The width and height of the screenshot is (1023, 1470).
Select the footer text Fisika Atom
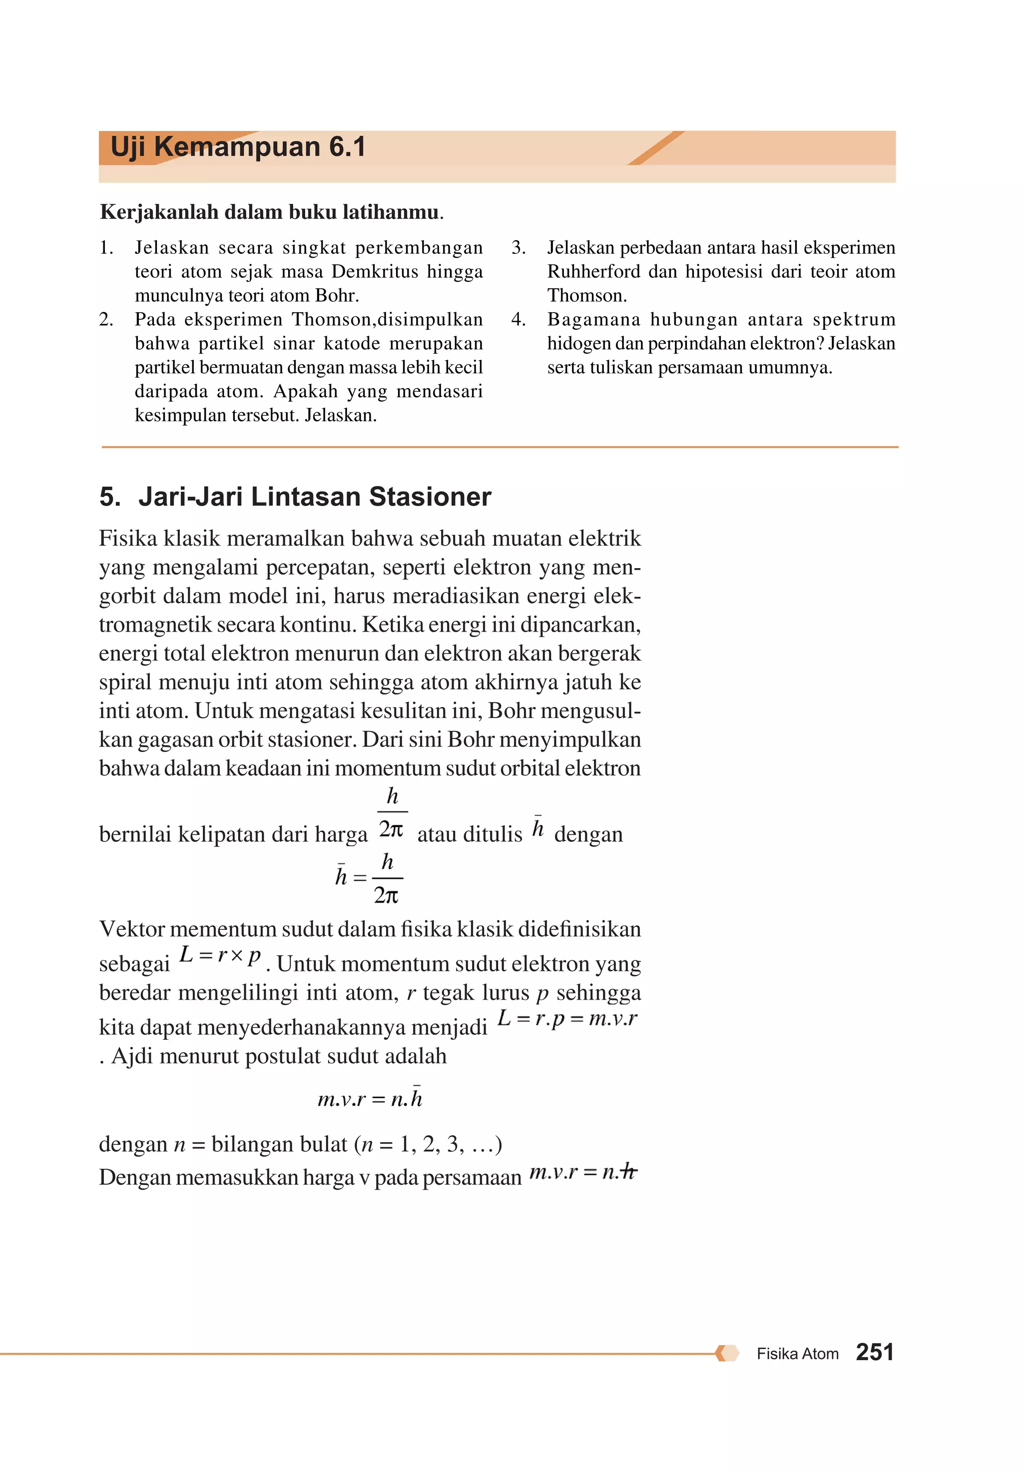(x=797, y=1354)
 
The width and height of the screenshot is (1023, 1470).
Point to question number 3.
(x=518, y=248)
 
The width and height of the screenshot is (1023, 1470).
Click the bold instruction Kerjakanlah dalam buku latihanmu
(x=271, y=212)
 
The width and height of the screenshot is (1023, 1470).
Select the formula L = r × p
(x=220, y=955)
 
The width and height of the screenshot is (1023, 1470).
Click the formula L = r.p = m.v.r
(x=567, y=1017)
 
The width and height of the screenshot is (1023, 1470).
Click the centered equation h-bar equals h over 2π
(x=369, y=876)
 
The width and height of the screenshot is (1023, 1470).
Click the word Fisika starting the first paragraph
(x=127, y=539)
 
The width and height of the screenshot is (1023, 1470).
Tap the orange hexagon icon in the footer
(x=727, y=1353)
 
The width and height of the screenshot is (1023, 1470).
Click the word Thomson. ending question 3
(x=586, y=296)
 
